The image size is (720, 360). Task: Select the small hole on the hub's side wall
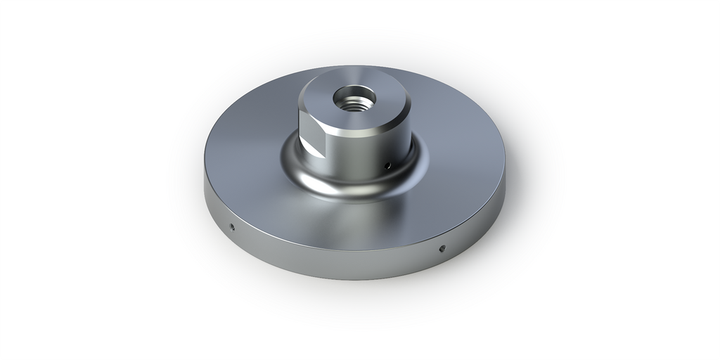(x=387, y=165)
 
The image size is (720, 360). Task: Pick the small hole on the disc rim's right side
(x=442, y=247)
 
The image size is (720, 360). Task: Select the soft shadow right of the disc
(x=534, y=211)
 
